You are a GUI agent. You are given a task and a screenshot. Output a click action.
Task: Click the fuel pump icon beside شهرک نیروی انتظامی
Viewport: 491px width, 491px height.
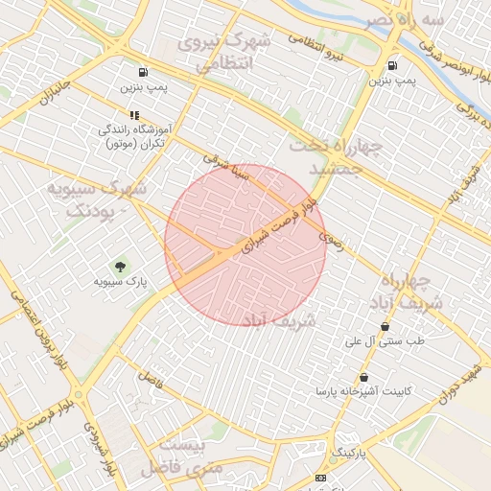[x=143, y=72]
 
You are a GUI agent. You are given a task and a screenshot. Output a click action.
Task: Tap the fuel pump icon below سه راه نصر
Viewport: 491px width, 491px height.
[x=392, y=65]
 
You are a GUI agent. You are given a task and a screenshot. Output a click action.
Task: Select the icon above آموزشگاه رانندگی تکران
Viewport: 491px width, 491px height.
[x=133, y=115]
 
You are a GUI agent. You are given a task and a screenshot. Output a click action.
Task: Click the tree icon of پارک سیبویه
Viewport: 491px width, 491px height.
[x=121, y=267]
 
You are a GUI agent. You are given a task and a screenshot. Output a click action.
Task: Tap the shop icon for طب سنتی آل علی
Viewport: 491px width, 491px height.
[x=385, y=326]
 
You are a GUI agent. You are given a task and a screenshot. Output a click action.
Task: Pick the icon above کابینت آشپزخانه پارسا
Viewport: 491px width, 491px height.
[x=363, y=377]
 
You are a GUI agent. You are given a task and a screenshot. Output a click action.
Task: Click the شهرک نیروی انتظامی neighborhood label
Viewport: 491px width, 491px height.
[x=235, y=53]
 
